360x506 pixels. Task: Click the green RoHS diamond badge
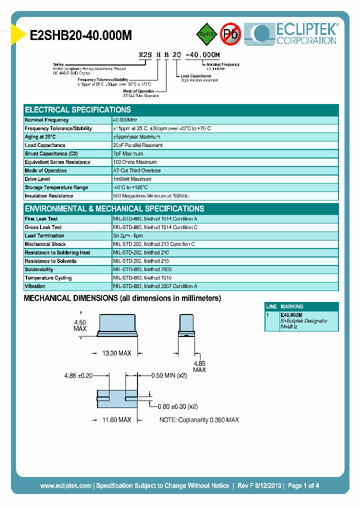[x=205, y=34]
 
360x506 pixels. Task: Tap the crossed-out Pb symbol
[x=230, y=34]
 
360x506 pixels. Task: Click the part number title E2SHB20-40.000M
[x=81, y=35]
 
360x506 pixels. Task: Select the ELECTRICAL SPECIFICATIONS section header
[x=78, y=109]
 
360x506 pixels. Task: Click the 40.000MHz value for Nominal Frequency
[x=125, y=120]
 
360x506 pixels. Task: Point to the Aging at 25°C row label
[x=40, y=137]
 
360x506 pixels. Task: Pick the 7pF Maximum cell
[x=128, y=154]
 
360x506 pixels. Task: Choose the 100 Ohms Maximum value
[x=135, y=162]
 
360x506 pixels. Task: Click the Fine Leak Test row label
[x=41, y=219]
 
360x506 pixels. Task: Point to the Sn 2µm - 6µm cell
[x=128, y=236]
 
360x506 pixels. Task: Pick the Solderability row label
[x=39, y=269]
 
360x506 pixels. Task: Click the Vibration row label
[x=35, y=286]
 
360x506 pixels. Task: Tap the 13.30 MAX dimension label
[x=116, y=353]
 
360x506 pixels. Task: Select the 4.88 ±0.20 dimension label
[x=78, y=375]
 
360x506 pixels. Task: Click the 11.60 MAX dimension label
[x=116, y=420]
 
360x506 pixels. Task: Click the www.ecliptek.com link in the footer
[x=65, y=485]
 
